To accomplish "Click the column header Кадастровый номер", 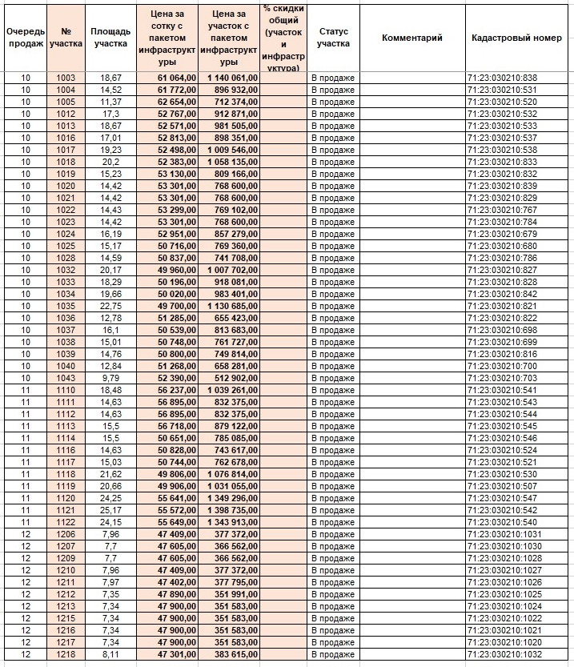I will (x=516, y=38).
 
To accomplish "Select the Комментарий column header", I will (x=411, y=38).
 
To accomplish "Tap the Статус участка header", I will (x=333, y=38).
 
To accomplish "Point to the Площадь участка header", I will (x=110, y=38).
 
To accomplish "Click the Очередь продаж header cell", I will (x=25, y=38).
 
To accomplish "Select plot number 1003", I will (x=66, y=78).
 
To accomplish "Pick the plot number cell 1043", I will (x=66, y=378).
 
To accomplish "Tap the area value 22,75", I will (x=110, y=306).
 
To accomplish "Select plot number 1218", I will (x=66, y=654).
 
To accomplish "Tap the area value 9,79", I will (x=110, y=378).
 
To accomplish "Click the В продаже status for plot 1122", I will (x=332, y=522).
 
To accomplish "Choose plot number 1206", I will (x=66, y=534).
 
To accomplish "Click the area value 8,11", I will (x=110, y=654).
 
